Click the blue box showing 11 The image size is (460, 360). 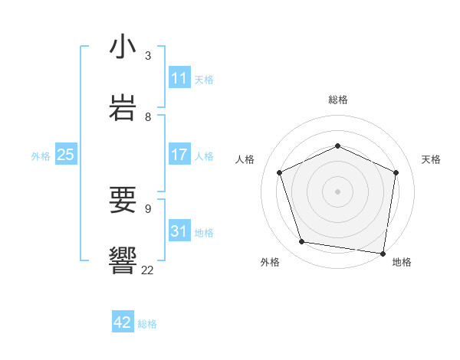pos(179,78)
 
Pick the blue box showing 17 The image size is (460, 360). pos(179,155)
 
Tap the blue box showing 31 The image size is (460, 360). pos(179,231)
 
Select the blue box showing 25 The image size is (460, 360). pos(66,155)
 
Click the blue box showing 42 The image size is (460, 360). pos(123,322)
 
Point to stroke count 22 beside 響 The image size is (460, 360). pos(147,270)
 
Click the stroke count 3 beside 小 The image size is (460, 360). pos(148,56)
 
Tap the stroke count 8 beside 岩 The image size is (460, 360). pos(148,117)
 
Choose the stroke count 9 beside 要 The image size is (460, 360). pos(148,208)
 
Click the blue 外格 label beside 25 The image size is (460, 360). pos(41,156)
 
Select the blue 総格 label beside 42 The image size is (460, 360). pos(147,324)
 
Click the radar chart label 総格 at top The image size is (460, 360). pos(338,100)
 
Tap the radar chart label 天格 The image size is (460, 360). pos(431,159)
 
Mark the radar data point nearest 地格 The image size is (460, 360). pos(383,253)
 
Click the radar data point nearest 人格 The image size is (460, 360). pos(280,172)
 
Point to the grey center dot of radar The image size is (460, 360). pos(338,191)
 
